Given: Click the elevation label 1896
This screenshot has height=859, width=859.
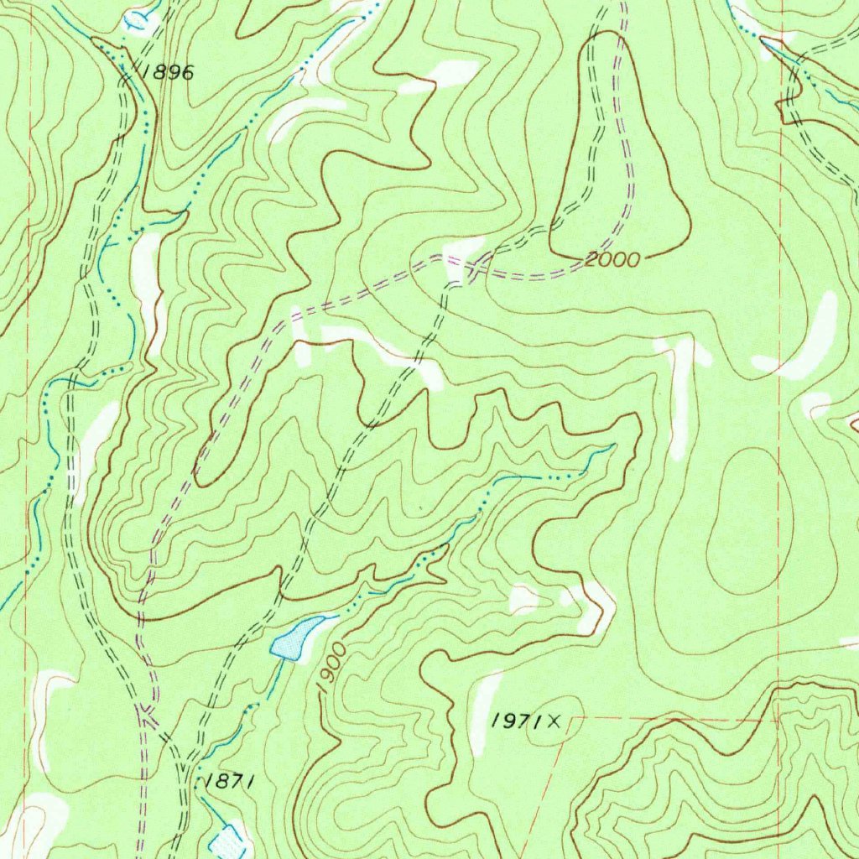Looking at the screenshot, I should coord(168,73).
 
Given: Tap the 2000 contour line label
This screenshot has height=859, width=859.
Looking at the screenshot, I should coord(612,260).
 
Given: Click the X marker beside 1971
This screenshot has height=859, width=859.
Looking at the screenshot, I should coord(554,719).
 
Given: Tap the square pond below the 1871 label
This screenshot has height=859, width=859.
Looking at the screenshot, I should coord(227,841).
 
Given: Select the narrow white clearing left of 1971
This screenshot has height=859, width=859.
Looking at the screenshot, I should coord(484,709).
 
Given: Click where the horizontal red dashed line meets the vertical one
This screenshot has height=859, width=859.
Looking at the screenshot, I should coord(779,718).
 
